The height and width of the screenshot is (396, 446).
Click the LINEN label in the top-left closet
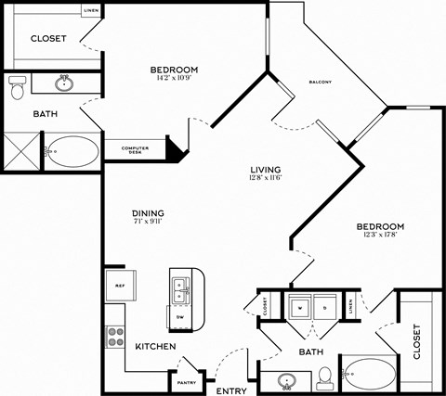(x=91, y=10)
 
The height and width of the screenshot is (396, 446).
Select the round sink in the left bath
(x=63, y=84)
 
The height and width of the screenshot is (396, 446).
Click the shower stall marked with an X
(x=20, y=150)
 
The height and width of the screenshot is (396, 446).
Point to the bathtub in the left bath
(x=72, y=151)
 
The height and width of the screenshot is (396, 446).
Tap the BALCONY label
(x=321, y=83)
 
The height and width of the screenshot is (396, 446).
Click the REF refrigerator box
(x=120, y=284)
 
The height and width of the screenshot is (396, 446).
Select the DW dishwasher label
(x=179, y=317)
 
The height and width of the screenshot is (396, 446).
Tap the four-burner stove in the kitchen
(x=115, y=337)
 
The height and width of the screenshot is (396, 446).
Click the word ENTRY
(x=230, y=390)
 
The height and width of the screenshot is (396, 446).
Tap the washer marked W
(x=299, y=306)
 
